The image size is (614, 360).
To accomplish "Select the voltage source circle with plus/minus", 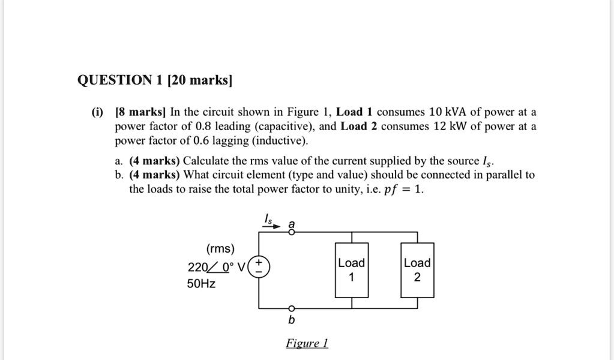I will point(259,266).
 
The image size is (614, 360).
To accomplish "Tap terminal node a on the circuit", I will point(291,232).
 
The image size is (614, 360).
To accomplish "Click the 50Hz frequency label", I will point(201,283).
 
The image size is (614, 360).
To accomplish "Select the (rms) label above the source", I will point(220,249).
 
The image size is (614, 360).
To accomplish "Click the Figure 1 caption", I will point(307,343).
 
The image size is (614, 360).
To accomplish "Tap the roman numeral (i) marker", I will point(97,112).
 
